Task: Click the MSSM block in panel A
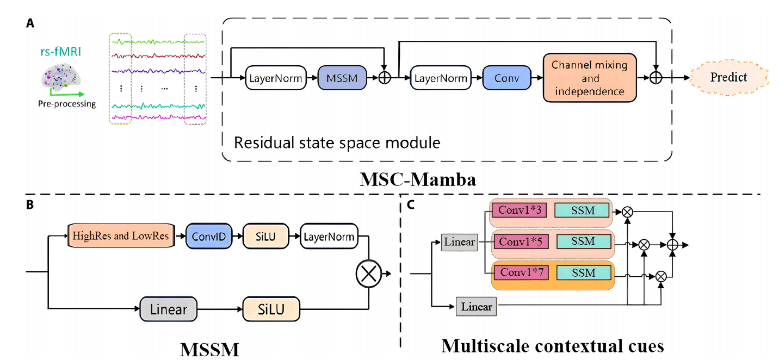tap(342, 78)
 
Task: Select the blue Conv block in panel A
tap(506, 78)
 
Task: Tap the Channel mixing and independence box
tap(590, 78)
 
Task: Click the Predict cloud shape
tap(728, 78)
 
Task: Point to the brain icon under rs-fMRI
tap(61, 77)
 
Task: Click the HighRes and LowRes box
tap(121, 236)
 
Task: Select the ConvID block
tap(209, 236)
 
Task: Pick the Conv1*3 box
tap(518, 210)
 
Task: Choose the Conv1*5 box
tap(518, 241)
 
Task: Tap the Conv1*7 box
tap(518, 272)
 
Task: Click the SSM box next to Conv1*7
tap(583, 272)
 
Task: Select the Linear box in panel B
tap(168, 310)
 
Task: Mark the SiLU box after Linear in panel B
tap(271, 310)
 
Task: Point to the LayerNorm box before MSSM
tap(276, 78)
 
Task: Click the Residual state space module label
tap(337, 143)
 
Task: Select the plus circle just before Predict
tap(656, 78)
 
